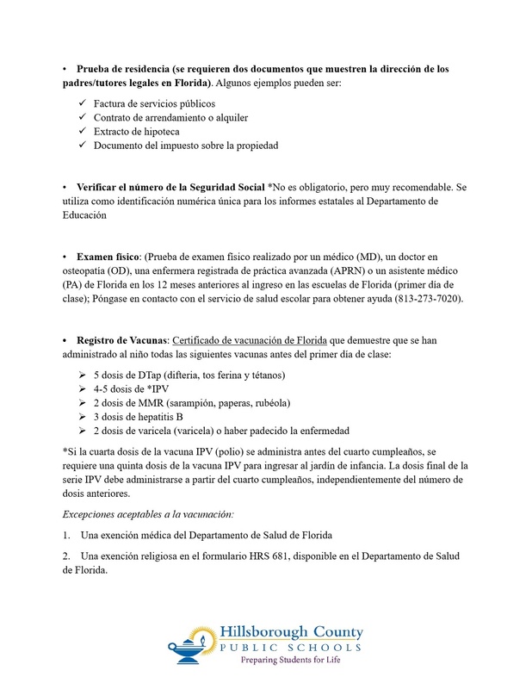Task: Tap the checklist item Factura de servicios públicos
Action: (x=148, y=103)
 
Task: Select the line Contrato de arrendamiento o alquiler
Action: (x=166, y=117)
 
